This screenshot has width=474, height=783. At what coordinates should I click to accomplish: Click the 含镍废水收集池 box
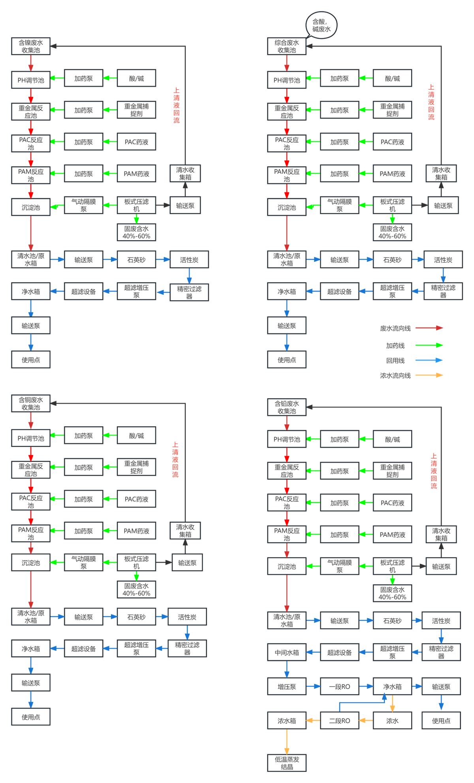tap(31, 46)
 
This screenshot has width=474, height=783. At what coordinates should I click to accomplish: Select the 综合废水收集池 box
tap(287, 46)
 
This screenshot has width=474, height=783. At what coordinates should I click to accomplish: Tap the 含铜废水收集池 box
tap(31, 403)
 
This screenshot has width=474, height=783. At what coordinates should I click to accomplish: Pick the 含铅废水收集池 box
tap(287, 407)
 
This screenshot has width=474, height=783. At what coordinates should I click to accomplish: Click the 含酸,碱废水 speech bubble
tap(322, 25)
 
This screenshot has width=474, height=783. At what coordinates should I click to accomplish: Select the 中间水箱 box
tap(287, 653)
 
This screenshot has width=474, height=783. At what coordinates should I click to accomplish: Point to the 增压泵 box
tap(287, 687)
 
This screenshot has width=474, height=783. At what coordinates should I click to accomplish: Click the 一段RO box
tap(340, 687)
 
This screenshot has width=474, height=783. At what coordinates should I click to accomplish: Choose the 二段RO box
tap(340, 721)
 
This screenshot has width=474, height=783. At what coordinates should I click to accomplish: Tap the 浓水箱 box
tap(287, 721)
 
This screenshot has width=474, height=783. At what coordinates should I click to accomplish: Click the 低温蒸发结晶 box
tap(287, 763)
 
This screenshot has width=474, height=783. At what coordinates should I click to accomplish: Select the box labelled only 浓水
tap(392, 721)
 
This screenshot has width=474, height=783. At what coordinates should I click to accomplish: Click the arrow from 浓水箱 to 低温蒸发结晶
tap(287, 742)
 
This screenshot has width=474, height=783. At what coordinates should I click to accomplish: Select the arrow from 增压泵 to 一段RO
tap(313, 687)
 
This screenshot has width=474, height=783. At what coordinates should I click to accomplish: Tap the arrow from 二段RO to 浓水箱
tap(313, 721)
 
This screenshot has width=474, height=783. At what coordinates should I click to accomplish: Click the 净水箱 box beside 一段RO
tap(392, 687)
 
